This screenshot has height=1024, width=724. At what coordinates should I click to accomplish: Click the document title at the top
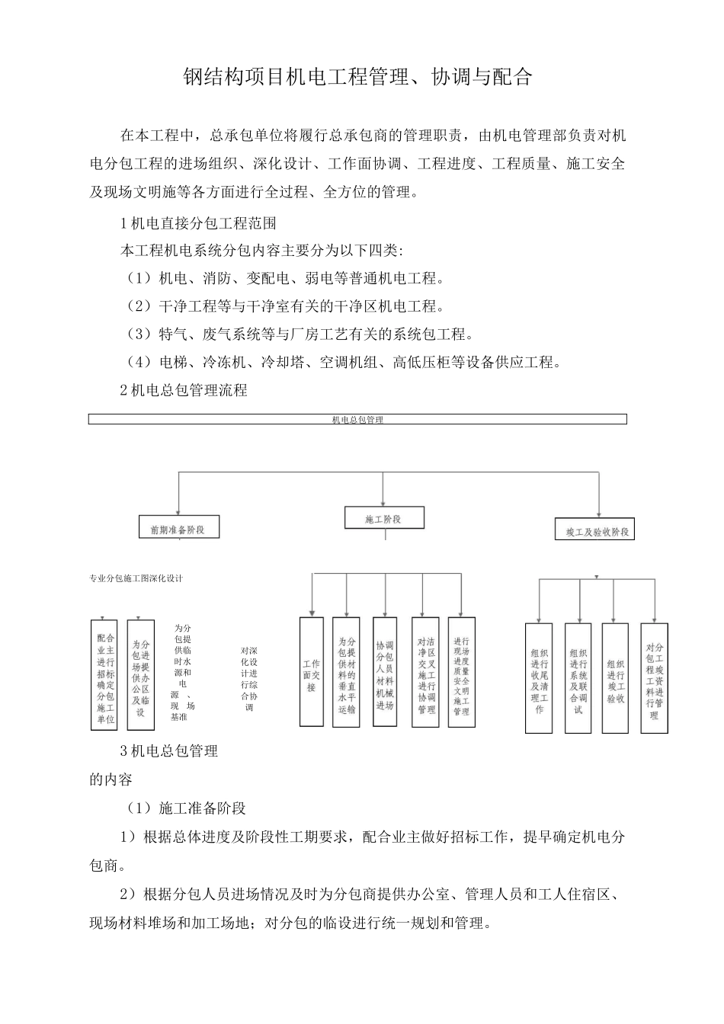pyautogui.click(x=357, y=77)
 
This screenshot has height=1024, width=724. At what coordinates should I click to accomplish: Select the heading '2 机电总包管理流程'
pyautogui.click(x=184, y=390)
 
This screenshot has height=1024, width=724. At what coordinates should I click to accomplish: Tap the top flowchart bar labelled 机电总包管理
pyautogui.click(x=357, y=419)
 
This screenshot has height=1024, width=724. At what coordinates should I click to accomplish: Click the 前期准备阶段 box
pyautogui.click(x=179, y=528)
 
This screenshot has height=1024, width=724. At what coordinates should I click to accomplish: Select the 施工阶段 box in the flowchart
pyautogui.click(x=383, y=519)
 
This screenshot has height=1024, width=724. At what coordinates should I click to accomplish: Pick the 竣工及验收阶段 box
pyautogui.click(x=594, y=530)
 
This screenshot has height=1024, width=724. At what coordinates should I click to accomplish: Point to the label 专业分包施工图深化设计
pyautogui.click(x=136, y=578)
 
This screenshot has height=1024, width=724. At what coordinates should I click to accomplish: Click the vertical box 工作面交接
pyautogui.click(x=311, y=671)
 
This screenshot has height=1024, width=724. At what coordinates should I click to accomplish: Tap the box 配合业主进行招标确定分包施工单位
pyautogui.click(x=104, y=675)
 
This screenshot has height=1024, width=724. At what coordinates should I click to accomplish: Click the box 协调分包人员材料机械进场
pyautogui.click(x=385, y=671)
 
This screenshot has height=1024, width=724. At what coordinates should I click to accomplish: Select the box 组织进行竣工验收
pyautogui.click(x=615, y=678)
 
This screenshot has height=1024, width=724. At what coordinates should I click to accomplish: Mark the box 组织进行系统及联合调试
pyautogui.click(x=578, y=678)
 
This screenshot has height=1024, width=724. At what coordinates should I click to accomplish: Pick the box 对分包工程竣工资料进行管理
pyautogui.click(x=654, y=677)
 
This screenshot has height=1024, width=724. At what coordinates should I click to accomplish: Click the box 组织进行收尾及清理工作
pyautogui.click(x=539, y=678)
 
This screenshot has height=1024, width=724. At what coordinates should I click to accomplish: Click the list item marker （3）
pyautogui.click(x=139, y=334)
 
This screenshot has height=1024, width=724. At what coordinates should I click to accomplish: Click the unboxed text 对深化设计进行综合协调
pyautogui.click(x=249, y=678)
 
